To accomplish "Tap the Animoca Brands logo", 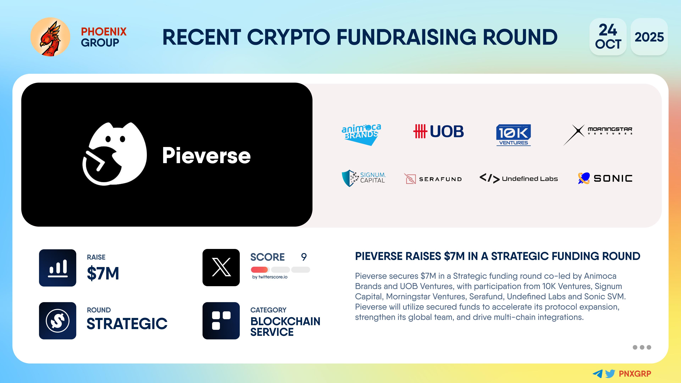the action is (361, 134).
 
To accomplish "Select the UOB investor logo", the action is (439, 131).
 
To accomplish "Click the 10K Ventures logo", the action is (513, 135).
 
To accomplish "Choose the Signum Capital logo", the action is (364, 178).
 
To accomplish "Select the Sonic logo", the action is (605, 178).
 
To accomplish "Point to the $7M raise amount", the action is (103, 273).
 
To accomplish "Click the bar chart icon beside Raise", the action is (58, 268).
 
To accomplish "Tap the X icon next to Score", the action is (221, 268).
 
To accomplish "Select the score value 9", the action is (304, 257).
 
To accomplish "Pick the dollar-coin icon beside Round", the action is (58, 321).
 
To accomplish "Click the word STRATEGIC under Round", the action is (127, 324).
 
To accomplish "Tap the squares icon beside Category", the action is (221, 321).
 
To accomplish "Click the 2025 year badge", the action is (649, 37).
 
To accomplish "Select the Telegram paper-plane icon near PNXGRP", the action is (597, 373).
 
